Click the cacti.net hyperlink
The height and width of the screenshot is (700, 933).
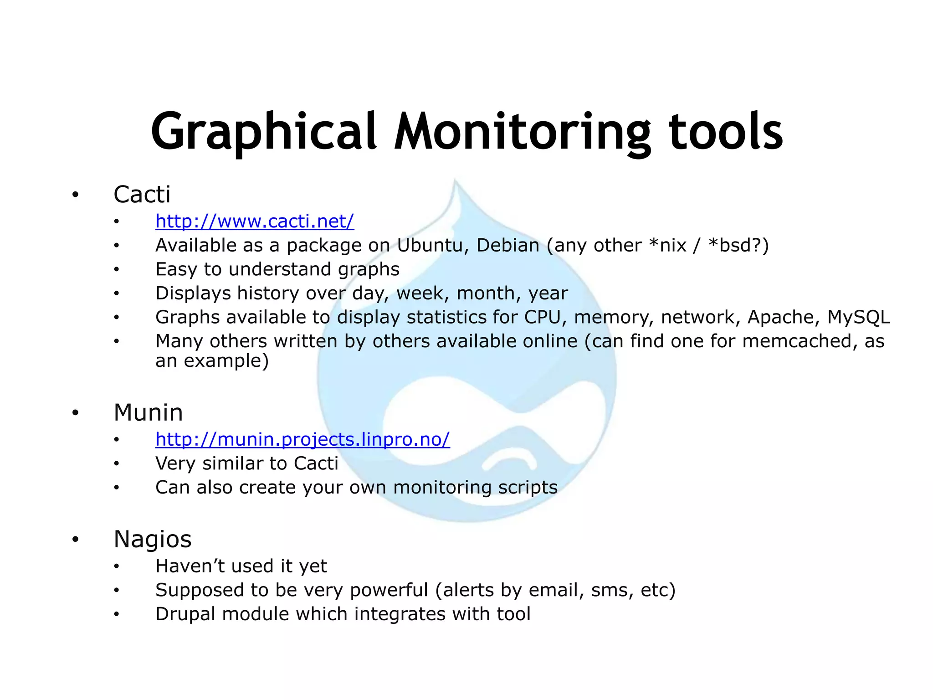(x=254, y=221)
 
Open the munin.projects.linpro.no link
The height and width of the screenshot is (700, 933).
(x=302, y=439)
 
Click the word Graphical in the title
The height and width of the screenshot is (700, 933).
(x=264, y=132)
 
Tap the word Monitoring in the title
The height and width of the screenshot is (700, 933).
(x=522, y=132)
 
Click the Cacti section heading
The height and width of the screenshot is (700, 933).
(x=142, y=195)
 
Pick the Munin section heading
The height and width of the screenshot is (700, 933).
(x=148, y=412)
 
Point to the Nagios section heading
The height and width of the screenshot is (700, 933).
(x=152, y=539)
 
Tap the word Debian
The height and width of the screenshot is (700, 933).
(x=508, y=246)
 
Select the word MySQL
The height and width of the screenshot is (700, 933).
(x=858, y=317)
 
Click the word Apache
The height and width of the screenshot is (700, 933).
(x=780, y=317)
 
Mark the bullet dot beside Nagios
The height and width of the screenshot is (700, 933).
(x=75, y=540)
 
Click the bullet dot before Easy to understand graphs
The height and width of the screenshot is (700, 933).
(x=117, y=270)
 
